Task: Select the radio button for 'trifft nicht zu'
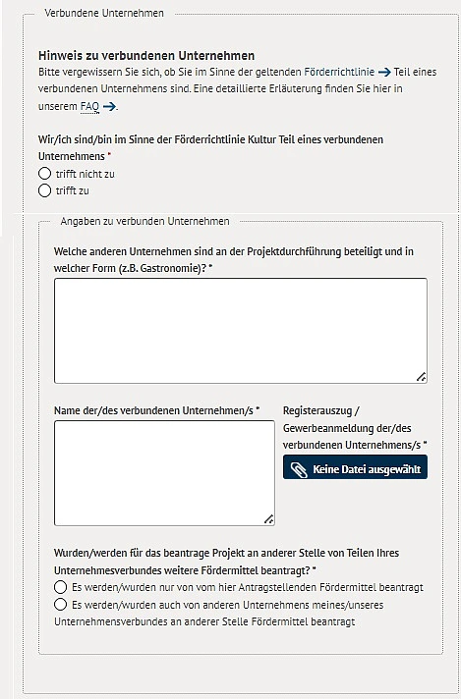pos(44,174)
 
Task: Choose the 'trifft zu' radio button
pos(44,190)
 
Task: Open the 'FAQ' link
pos(89,106)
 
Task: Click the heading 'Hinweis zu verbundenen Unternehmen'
pos(146,56)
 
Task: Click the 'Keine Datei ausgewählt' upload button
pos(355,469)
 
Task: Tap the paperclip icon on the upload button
pos(299,469)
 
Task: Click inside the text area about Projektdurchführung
pos(240,330)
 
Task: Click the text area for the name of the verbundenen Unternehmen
pos(164,472)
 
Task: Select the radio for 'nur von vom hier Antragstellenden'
pos(60,587)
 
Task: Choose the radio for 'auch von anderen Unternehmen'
pos(60,605)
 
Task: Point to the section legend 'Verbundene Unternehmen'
pos(104,13)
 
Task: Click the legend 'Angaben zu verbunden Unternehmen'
pos(144,222)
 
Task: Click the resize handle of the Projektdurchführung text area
pos(421,375)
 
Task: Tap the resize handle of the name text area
pos(268,518)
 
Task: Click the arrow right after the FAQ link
pos(110,106)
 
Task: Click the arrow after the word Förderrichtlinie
pos(384,73)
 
